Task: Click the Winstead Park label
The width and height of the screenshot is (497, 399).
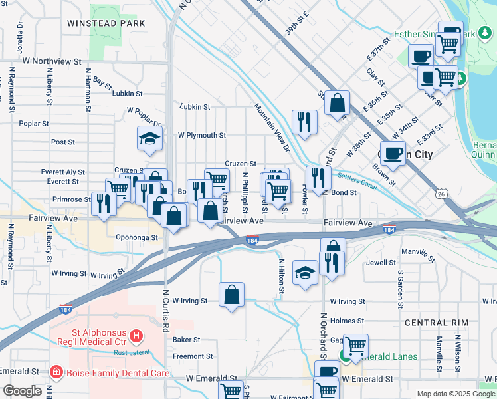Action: tap(106, 23)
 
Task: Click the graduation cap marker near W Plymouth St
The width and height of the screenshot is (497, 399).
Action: tap(150, 138)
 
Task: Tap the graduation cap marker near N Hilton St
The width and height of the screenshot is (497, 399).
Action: tap(305, 272)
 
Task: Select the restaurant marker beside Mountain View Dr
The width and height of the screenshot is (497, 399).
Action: tap(304, 122)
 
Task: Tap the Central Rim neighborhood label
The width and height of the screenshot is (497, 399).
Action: tap(437, 323)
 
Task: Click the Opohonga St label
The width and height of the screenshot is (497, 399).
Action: tap(136, 237)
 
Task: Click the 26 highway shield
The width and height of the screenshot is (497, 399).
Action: tap(441, 194)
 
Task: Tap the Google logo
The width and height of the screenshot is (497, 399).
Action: tap(22, 391)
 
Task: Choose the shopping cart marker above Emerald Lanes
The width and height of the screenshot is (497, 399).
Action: tap(356, 345)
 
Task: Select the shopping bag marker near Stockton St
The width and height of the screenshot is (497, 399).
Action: tap(338, 103)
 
